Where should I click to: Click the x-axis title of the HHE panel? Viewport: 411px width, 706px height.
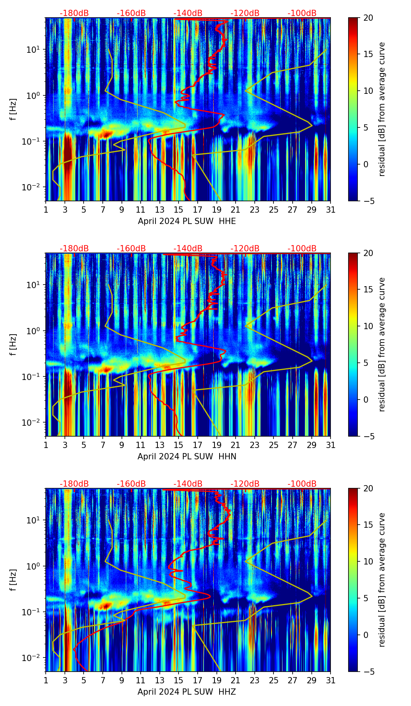pos(187,221)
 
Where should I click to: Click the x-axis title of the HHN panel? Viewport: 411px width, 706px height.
pos(187,457)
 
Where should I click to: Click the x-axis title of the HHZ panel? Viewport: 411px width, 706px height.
pos(187,692)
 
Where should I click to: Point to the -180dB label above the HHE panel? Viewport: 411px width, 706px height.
pos(74,13)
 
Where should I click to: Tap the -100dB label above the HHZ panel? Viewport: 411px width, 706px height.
pos(302,484)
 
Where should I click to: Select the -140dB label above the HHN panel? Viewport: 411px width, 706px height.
pos(188,249)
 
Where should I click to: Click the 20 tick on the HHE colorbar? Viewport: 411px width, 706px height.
pos(368,18)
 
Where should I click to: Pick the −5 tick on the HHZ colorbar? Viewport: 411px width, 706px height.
pos(368,672)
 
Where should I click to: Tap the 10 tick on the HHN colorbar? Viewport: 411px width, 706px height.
pos(368,326)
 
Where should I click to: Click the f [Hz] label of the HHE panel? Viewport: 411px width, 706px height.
pos(13,109)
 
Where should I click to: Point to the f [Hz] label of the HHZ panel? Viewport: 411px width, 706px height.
pos(13,580)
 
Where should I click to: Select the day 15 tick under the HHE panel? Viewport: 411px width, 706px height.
pos(179,210)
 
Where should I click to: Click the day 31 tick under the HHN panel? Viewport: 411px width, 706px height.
pos(331,445)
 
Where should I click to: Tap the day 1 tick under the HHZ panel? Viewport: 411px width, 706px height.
pos(46,680)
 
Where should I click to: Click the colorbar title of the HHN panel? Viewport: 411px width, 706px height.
pos(382,344)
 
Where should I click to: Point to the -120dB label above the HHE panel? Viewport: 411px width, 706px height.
pos(245,13)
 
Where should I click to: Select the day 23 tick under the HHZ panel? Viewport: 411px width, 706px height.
pos(255,680)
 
